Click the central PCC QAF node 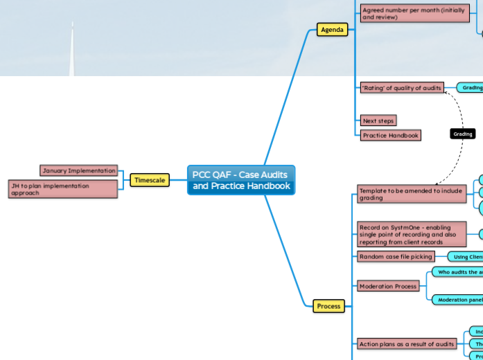(241, 180)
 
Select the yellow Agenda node (332, 30)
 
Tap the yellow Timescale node (149, 180)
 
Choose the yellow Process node (328, 305)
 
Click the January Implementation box (78, 170)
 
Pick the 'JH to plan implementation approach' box (62, 189)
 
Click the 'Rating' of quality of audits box (401, 87)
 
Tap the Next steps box (379, 120)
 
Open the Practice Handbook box (391, 136)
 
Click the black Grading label (462, 134)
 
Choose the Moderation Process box (388, 286)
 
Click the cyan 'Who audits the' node (458, 272)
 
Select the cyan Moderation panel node (457, 300)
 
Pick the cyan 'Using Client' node (466, 257)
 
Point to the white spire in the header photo (72, 48)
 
